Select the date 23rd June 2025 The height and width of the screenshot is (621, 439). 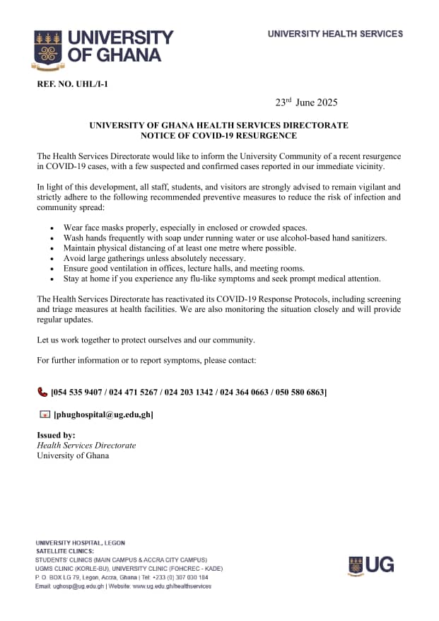(x=306, y=103)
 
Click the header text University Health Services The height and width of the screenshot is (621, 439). (x=335, y=34)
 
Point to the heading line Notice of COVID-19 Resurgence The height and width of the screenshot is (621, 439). (x=218, y=136)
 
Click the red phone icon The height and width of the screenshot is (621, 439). (x=42, y=391)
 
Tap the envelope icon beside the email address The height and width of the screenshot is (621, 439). (x=44, y=414)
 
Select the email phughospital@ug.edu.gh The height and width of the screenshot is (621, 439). (x=103, y=414)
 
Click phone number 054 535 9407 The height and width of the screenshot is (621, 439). (x=78, y=392)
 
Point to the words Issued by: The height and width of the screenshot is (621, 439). (x=56, y=435)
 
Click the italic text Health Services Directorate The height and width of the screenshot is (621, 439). (x=86, y=446)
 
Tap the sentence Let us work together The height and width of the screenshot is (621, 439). (x=146, y=340)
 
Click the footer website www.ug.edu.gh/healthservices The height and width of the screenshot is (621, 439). (x=170, y=586)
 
